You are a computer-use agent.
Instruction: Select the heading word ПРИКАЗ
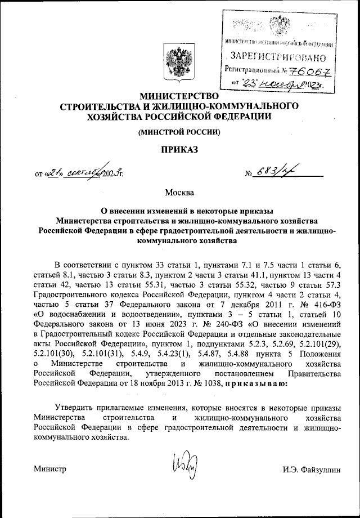click(x=179, y=149)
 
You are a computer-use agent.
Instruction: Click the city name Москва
click(x=179, y=194)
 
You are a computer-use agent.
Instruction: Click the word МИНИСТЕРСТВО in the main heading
click(x=179, y=96)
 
